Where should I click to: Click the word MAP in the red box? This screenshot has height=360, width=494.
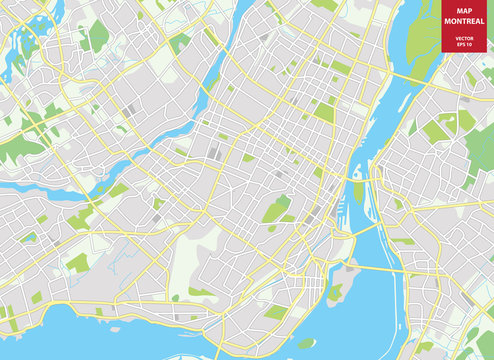pos(463,12)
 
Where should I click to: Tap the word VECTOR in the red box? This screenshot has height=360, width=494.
pos(463,35)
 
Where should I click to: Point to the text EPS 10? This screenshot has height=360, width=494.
pos(463,42)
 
